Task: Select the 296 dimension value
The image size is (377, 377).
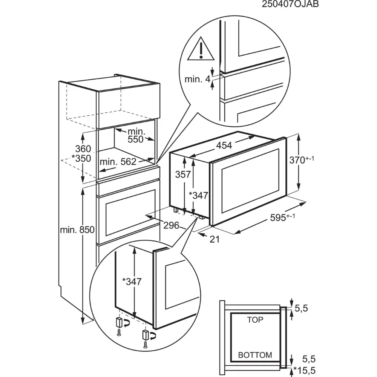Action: [171, 225]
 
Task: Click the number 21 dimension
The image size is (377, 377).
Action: [215, 238]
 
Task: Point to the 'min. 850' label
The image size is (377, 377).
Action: [77, 230]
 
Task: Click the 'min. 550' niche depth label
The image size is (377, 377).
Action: [136, 135]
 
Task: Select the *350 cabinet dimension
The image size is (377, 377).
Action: [81, 158]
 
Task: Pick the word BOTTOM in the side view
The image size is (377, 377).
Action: [255, 355]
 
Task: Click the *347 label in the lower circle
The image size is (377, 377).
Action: [132, 282]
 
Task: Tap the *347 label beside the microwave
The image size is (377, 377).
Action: [199, 195]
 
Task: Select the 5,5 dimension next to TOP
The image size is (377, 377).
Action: [302, 309]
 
